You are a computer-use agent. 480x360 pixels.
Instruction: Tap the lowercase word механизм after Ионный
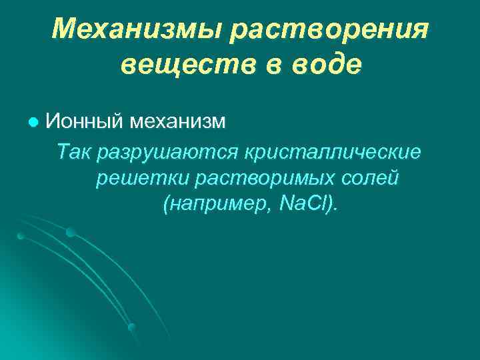pyautogui.click(x=178, y=121)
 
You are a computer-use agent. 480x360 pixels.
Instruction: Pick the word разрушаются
pyautogui.click(x=169, y=152)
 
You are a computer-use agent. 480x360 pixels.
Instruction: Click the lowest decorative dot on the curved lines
pyautogui.click(x=131, y=327)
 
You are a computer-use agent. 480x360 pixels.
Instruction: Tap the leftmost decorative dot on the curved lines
pyautogui.click(x=21, y=236)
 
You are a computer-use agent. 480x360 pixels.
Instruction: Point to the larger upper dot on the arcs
pyautogui.click(x=70, y=232)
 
